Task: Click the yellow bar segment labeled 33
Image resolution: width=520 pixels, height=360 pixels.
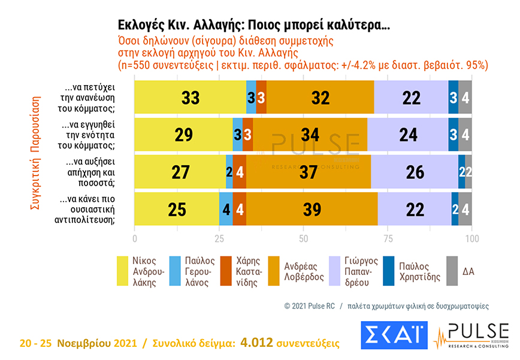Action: [x=190, y=97]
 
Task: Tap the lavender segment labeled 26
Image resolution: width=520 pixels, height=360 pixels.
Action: [x=415, y=171]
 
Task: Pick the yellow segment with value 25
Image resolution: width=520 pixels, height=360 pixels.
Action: [x=177, y=208]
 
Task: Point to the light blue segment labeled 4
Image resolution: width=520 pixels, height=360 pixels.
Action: [x=226, y=208]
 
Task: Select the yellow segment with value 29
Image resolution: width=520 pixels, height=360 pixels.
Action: [x=183, y=134]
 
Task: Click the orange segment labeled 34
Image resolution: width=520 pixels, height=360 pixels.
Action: [x=310, y=134]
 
